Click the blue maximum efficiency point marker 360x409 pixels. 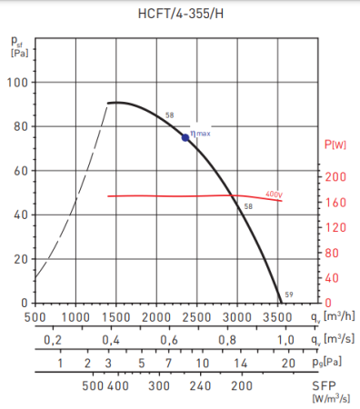point(185,137)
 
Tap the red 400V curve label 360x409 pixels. point(274,195)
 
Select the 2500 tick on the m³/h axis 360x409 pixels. point(198,317)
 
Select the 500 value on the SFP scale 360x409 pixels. point(93,385)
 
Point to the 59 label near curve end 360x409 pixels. point(288,294)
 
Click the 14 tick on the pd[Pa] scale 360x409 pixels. point(241,363)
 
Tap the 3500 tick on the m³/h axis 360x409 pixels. point(278,317)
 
